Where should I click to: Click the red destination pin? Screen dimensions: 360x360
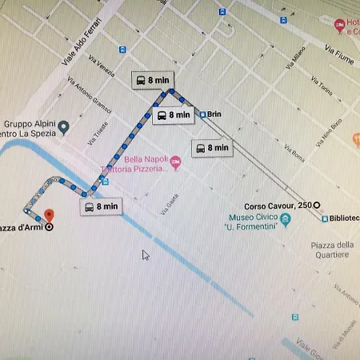[48, 215]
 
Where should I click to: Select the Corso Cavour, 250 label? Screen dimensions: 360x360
[277, 206]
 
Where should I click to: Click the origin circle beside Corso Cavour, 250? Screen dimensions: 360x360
[317, 206]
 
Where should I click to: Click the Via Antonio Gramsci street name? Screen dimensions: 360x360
[89, 99]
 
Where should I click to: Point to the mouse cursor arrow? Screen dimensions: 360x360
[145, 254]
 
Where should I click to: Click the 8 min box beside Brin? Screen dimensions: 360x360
[172, 115]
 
